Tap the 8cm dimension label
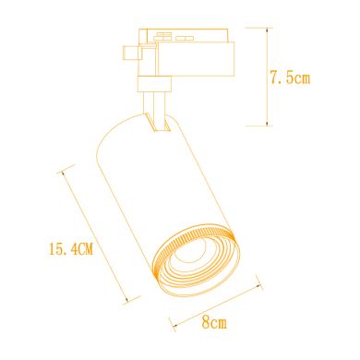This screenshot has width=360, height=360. tap(213, 323)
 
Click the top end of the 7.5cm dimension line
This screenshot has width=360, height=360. tap(267, 29)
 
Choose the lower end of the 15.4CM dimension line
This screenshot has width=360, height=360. tap(131, 297)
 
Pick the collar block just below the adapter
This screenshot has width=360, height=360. tap(153, 84)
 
